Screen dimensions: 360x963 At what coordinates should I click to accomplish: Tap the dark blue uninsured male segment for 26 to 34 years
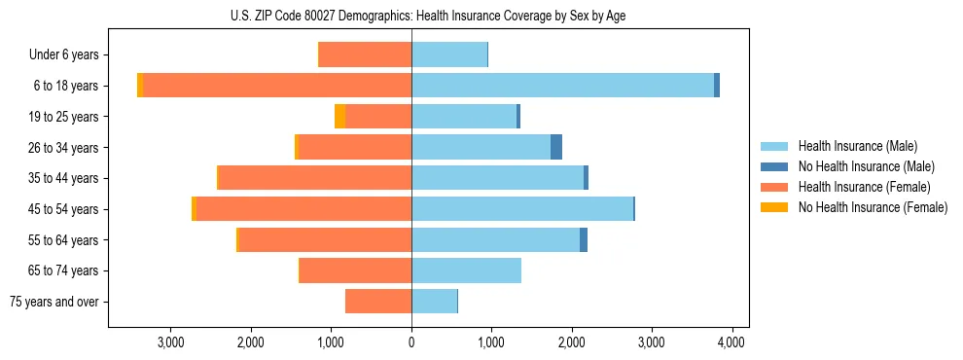point(556,147)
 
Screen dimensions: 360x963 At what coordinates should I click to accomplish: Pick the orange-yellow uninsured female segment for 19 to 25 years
point(339,117)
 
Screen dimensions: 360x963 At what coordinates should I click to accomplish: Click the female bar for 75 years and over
point(378,302)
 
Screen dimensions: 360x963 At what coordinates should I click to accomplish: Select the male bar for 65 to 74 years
point(466,270)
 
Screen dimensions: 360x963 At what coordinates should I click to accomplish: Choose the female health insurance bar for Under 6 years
point(365,54)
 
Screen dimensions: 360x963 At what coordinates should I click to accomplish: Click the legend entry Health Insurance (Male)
point(857,146)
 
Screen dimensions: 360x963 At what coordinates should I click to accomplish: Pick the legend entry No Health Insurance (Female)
point(872,207)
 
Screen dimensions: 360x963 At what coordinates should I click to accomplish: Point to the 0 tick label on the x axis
point(411,342)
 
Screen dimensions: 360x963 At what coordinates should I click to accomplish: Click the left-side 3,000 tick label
point(170,342)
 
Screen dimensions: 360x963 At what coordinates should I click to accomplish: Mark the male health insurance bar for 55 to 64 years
point(495,240)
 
